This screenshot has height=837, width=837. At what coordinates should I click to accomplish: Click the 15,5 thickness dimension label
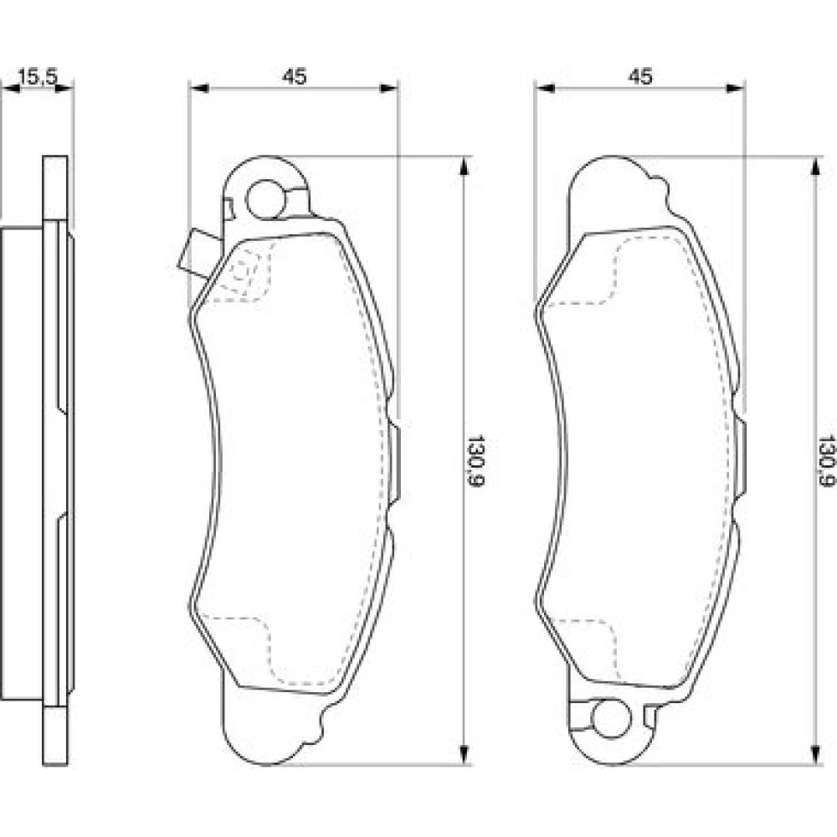tap(38, 76)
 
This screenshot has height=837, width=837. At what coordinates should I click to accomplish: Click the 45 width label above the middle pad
tap(294, 76)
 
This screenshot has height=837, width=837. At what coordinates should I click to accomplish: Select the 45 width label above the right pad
tap(640, 76)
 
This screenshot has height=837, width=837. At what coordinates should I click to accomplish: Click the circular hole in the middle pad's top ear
tap(266, 198)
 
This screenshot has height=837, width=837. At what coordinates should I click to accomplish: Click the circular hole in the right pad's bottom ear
tap(611, 719)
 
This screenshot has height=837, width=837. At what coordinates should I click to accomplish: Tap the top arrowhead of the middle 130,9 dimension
tap(465, 166)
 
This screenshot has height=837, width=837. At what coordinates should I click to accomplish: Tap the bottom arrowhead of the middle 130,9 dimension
tap(465, 755)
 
